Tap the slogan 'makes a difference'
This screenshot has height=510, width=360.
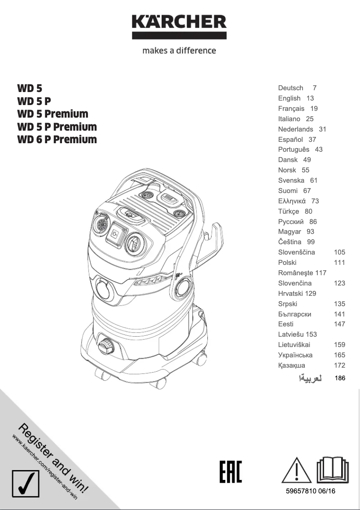click(179, 51)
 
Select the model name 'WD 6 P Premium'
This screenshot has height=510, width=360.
click(57, 140)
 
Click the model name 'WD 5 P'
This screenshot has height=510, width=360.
click(34, 101)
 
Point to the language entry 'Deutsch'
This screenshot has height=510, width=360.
click(290, 88)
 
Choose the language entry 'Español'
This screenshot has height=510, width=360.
click(290, 140)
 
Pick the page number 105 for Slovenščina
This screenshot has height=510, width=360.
click(339, 252)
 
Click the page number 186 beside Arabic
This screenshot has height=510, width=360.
click(340, 378)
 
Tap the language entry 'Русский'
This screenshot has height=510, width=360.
click(291, 222)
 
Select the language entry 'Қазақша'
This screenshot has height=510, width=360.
click(291, 365)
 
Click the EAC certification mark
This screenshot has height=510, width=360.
click(231, 471)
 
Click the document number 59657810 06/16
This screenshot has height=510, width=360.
click(311, 492)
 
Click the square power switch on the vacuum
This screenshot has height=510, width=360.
click(116, 233)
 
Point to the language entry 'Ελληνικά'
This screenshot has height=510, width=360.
click(292, 201)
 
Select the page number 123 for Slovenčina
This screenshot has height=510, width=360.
click(339, 283)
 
